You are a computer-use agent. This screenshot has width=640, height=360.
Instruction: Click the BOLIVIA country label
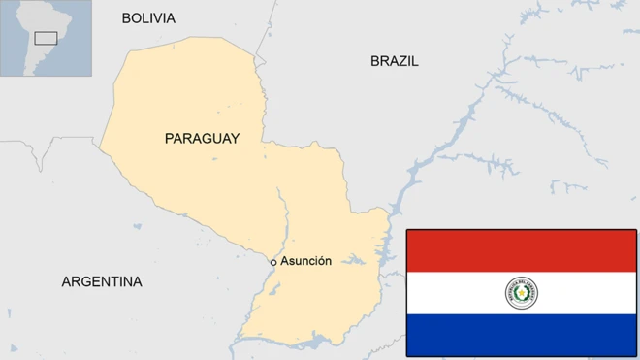(x=148, y=18)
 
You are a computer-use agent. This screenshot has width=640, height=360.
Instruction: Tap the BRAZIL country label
(x=395, y=61)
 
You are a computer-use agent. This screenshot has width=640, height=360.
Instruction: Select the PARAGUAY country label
(x=202, y=139)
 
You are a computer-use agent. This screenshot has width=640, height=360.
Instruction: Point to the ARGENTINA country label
(x=102, y=282)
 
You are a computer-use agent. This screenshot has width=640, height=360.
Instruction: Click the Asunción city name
(x=306, y=261)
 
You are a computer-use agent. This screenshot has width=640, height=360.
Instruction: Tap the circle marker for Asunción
(x=273, y=262)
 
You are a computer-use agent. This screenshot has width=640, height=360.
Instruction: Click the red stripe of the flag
(x=521, y=250)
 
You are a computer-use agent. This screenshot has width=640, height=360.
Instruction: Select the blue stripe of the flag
(x=521, y=334)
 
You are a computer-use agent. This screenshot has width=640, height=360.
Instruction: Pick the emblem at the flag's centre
(x=522, y=292)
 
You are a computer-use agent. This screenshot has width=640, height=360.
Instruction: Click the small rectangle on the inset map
(x=46, y=38)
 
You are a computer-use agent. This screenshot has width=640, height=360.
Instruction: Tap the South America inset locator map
(x=46, y=38)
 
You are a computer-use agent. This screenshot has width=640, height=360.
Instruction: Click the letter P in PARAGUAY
(x=170, y=139)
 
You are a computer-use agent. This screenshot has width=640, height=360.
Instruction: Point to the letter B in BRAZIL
(x=375, y=61)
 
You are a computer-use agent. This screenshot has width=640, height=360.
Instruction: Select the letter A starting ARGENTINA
(x=67, y=282)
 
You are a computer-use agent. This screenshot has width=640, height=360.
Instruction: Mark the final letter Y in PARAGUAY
(x=234, y=139)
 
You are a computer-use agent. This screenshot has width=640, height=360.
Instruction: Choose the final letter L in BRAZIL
(x=415, y=61)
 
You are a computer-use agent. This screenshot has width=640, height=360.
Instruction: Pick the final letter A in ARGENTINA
(x=137, y=282)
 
